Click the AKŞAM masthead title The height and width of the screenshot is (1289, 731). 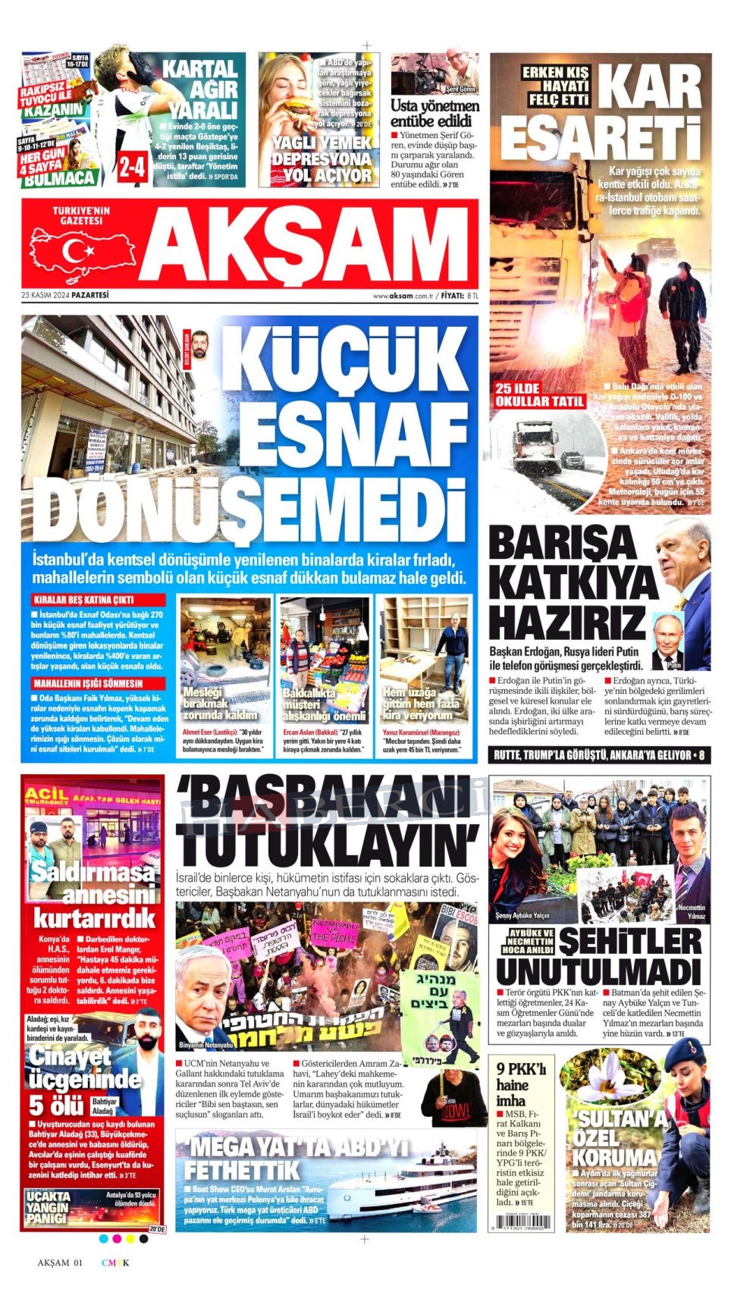point(307,244)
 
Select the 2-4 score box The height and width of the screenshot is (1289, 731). point(133,166)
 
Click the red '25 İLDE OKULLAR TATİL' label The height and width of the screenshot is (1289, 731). point(539,395)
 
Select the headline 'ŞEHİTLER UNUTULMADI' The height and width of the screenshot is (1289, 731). point(599,956)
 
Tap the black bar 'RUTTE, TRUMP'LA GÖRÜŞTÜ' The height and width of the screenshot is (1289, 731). point(599,755)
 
